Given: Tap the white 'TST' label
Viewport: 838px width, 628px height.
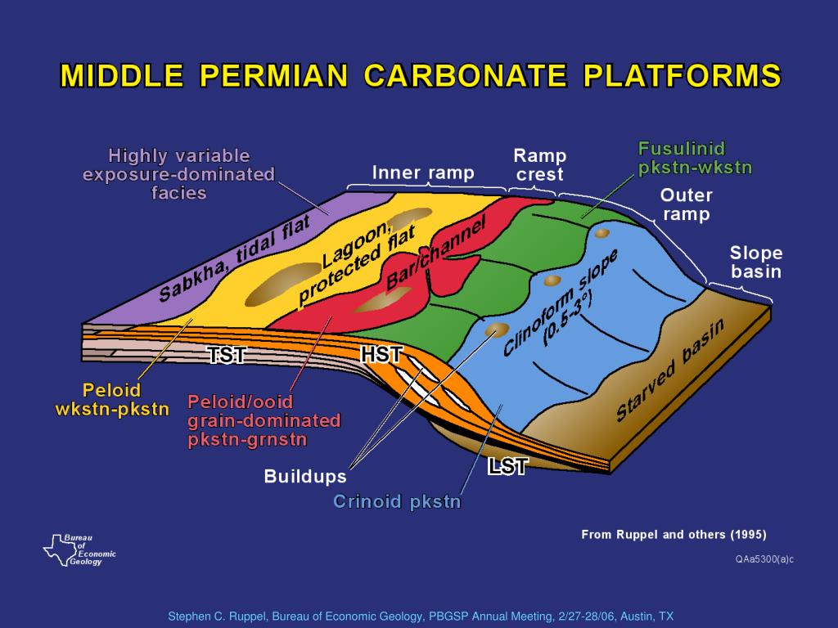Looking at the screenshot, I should tap(227, 354).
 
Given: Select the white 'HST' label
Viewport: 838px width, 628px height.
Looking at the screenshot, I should tap(381, 354).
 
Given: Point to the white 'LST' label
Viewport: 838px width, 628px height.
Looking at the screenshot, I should tap(507, 466).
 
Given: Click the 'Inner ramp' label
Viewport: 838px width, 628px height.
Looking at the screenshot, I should tap(423, 173).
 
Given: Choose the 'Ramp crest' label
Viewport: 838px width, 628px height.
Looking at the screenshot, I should tap(539, 164).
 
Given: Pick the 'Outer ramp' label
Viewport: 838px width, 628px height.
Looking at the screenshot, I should tap(686, 204).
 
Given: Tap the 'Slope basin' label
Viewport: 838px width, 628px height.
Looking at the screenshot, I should tap(756, 262).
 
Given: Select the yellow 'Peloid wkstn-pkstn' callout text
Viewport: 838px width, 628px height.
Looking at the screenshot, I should tap(112, 399).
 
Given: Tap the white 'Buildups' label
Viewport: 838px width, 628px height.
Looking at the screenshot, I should tap(304, 476).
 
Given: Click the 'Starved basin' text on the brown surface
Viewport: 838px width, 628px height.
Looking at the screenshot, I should tap(670, 371).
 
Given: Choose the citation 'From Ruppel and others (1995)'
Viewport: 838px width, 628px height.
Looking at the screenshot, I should tap(674, 535).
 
